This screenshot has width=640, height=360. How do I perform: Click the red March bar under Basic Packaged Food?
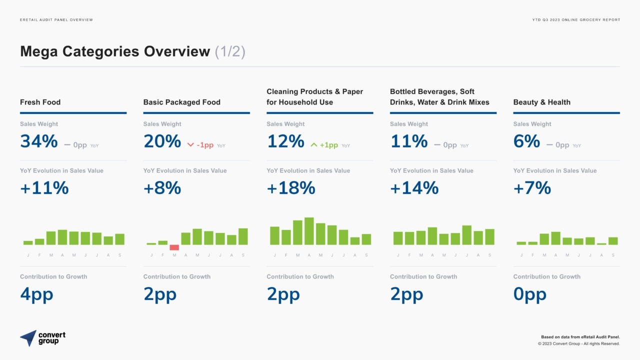coord(174,247)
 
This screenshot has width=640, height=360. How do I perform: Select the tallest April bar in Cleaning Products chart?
coord(309,231)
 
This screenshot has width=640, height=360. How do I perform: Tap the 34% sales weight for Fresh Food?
coord(39,141)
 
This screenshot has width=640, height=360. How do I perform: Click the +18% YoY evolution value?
coord(291,188)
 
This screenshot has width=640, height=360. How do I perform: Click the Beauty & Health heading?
coord(541,102)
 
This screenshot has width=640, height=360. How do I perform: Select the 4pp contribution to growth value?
coord(36,294)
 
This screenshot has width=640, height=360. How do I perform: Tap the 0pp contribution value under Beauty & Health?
coord(529,294)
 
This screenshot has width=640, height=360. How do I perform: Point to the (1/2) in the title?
coord(230,51)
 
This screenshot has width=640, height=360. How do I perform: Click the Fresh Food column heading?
coord(40,102)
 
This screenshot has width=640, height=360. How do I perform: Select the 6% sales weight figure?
coord(526,141)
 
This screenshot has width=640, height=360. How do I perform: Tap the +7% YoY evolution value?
coord(532,188)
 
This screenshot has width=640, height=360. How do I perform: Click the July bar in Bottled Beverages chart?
coord(467,235)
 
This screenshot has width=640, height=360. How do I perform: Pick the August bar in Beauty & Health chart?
coord(601,244)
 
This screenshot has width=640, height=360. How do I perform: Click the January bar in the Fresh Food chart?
coord(28,243)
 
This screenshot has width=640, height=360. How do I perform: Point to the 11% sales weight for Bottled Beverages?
coord(409,141)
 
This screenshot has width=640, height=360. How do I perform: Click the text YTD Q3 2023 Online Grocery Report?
coord(576,19)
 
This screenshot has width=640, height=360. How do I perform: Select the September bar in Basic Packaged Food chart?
coord(243,236)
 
